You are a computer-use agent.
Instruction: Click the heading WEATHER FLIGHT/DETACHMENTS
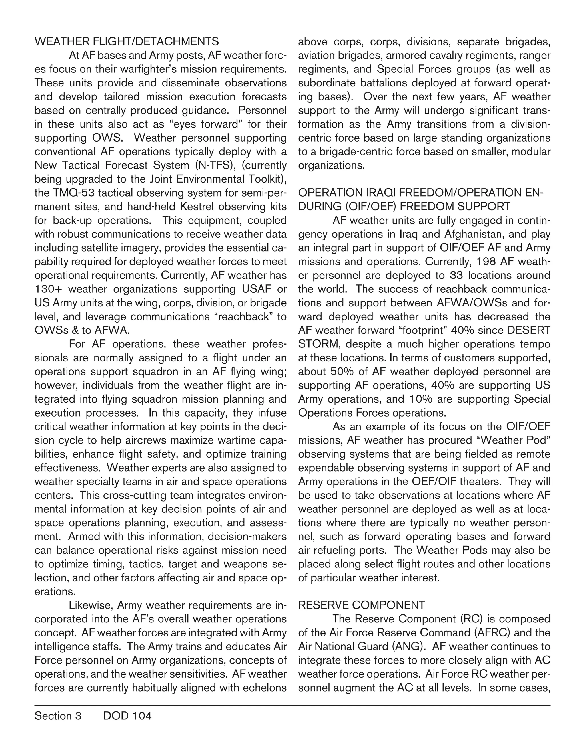click(127, 42)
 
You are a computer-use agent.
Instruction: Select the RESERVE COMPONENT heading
click(361, 605)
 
